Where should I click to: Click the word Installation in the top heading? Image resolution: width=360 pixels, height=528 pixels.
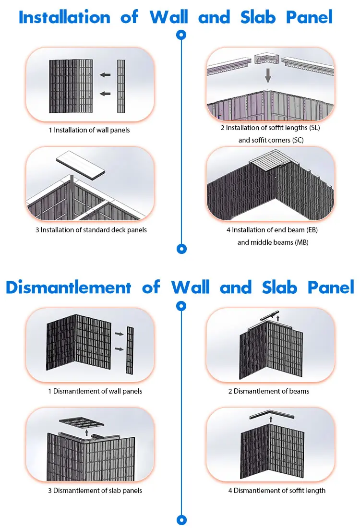pyautogui.click(x=64, y=17)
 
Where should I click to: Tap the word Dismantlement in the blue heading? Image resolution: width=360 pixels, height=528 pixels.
pyautogui.click(x=68, y=288)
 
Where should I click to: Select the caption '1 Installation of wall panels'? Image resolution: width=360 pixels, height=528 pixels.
pyautogui.click(x=89, y=130)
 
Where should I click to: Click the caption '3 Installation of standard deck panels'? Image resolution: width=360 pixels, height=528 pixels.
pyautogui.click(x=91, y=230)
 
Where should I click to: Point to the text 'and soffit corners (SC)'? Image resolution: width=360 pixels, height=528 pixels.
pyautogui.click(x=271, y=140)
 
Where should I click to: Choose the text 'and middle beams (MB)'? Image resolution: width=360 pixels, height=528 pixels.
pyautogui.click(x=273, y=242)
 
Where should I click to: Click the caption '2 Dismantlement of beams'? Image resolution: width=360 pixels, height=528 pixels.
pyautogui.click(x=269, y=391)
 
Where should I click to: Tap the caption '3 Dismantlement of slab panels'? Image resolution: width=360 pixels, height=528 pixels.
pyautogui.click(x=95, y=491)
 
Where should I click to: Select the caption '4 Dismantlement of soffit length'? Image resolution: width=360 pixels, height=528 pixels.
pyautogui.click(x=276, y=491)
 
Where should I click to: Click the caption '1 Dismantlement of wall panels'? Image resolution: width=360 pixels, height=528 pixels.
pyautogui.click(x=95, y=391)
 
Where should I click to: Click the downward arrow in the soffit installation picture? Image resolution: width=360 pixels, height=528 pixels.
pyautogui.click(x=268, y=74)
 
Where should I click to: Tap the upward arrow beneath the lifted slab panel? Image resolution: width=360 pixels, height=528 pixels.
pyautogui.click(x=86, y=432)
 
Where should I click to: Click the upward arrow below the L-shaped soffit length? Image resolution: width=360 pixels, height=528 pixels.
pyautogui.click(x=271, y=419)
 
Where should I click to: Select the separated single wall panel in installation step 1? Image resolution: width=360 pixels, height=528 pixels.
pyautogui.click(x=121, y=86)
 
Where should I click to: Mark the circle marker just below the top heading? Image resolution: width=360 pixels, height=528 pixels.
pyautogui.click(x=181, y=35)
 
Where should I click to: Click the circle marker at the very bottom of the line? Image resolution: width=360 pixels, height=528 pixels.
pyautogui.click(x=181, y=520)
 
